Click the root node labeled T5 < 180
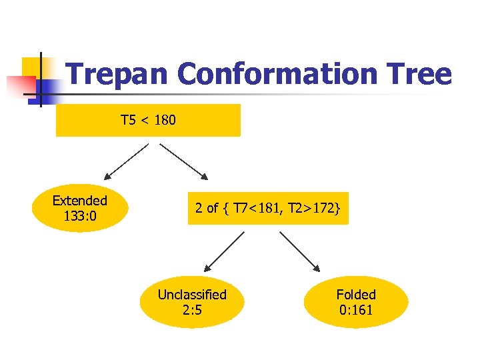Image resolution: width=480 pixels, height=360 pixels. pos(147,121)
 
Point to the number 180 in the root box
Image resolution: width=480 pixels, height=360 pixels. pos(164,121)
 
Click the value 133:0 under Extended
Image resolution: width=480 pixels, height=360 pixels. pos(80,217)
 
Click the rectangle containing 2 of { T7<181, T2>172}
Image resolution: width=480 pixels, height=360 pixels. pos(268,208)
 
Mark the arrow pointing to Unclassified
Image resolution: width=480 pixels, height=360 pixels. pos(225,251)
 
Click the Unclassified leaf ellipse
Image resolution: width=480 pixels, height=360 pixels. pos(192,302)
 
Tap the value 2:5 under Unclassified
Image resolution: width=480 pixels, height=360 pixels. pos(192,310)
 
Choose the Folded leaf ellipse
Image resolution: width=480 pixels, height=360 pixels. pos(356,302)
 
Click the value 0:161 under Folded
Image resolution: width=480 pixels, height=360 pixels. pos(356,310)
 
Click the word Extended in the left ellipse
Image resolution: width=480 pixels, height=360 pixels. pos(80,201)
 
